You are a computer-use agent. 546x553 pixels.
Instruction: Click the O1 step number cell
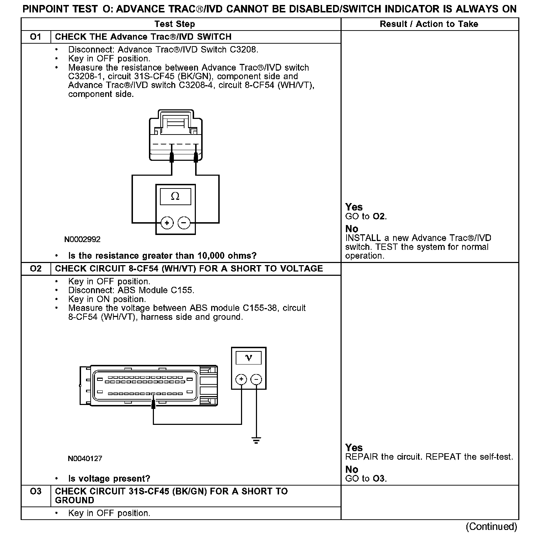36,37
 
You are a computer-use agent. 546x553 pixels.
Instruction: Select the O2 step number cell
36,269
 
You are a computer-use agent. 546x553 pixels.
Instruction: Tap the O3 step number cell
36,492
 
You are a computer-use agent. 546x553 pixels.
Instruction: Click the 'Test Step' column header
175,24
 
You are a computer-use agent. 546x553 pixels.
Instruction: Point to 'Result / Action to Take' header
429,24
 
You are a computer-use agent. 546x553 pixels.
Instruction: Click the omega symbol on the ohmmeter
175,196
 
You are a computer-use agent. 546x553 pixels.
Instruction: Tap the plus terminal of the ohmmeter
167,223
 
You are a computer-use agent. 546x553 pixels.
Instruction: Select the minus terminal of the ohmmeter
184,223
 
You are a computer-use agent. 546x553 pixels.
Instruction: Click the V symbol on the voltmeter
248,358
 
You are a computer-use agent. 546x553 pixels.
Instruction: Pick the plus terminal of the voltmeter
241,379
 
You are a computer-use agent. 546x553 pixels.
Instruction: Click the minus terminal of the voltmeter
256,379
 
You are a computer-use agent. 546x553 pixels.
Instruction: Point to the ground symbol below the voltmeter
256,441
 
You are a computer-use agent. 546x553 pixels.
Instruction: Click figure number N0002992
82,240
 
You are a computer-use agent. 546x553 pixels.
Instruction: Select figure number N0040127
85,459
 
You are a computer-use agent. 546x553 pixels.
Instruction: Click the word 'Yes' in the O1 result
354,207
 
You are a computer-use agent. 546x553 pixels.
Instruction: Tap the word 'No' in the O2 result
352,469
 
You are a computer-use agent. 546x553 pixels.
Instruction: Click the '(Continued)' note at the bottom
492,526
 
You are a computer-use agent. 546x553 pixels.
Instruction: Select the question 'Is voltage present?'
109,479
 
